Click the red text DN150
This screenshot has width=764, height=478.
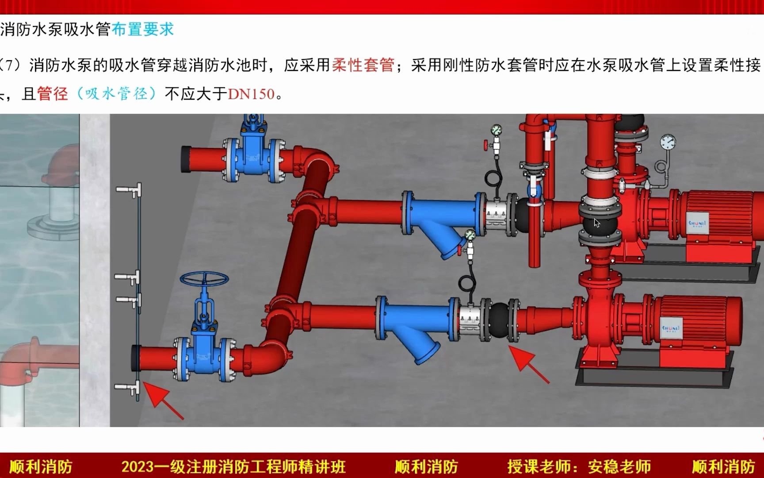click(252, 94)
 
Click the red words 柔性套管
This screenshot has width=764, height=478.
click(363, 66)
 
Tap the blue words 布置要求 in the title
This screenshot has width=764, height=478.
click(142, 30)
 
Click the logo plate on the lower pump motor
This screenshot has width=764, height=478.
click(671, 328)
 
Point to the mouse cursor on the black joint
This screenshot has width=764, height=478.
click(597, 223)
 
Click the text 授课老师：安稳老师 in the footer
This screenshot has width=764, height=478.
click(579, 466)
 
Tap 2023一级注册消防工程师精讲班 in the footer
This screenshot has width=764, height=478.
click(233, 466)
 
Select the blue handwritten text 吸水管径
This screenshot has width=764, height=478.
click(116, 94)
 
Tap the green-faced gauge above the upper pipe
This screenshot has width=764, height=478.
click(496, 130)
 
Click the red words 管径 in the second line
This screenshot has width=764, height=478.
click(52, 94)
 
